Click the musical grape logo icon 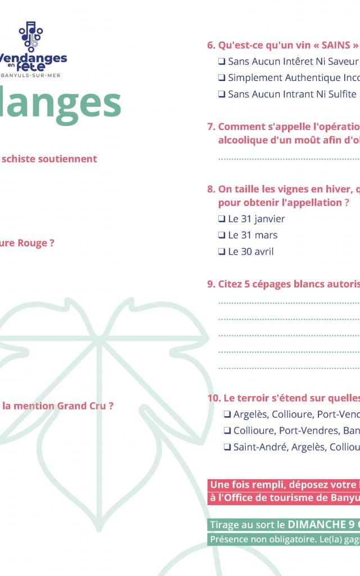[31, 36]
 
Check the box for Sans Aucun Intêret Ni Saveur [222, 62]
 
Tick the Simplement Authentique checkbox [222, 78]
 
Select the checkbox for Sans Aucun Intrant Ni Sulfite [222, 94]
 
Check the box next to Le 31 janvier [222, 219]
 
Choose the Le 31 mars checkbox [222, 235]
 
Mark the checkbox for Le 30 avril [222, 252]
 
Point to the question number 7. [211, 127]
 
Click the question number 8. [211, 189]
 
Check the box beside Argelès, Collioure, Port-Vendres [227, 415]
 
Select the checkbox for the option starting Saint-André [227, 447]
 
